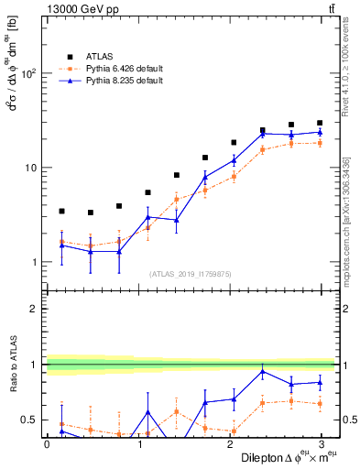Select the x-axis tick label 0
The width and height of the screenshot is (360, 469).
[x=47, y=443]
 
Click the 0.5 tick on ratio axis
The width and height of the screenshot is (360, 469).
[x=30, y=420]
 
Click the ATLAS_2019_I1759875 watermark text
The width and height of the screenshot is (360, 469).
[x=190, y=273]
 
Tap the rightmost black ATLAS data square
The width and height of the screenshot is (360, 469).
[x=320, y=123]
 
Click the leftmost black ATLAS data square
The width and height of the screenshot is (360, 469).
[x=61, y=211]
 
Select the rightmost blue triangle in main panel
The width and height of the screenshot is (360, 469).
[x=320, y=132]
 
